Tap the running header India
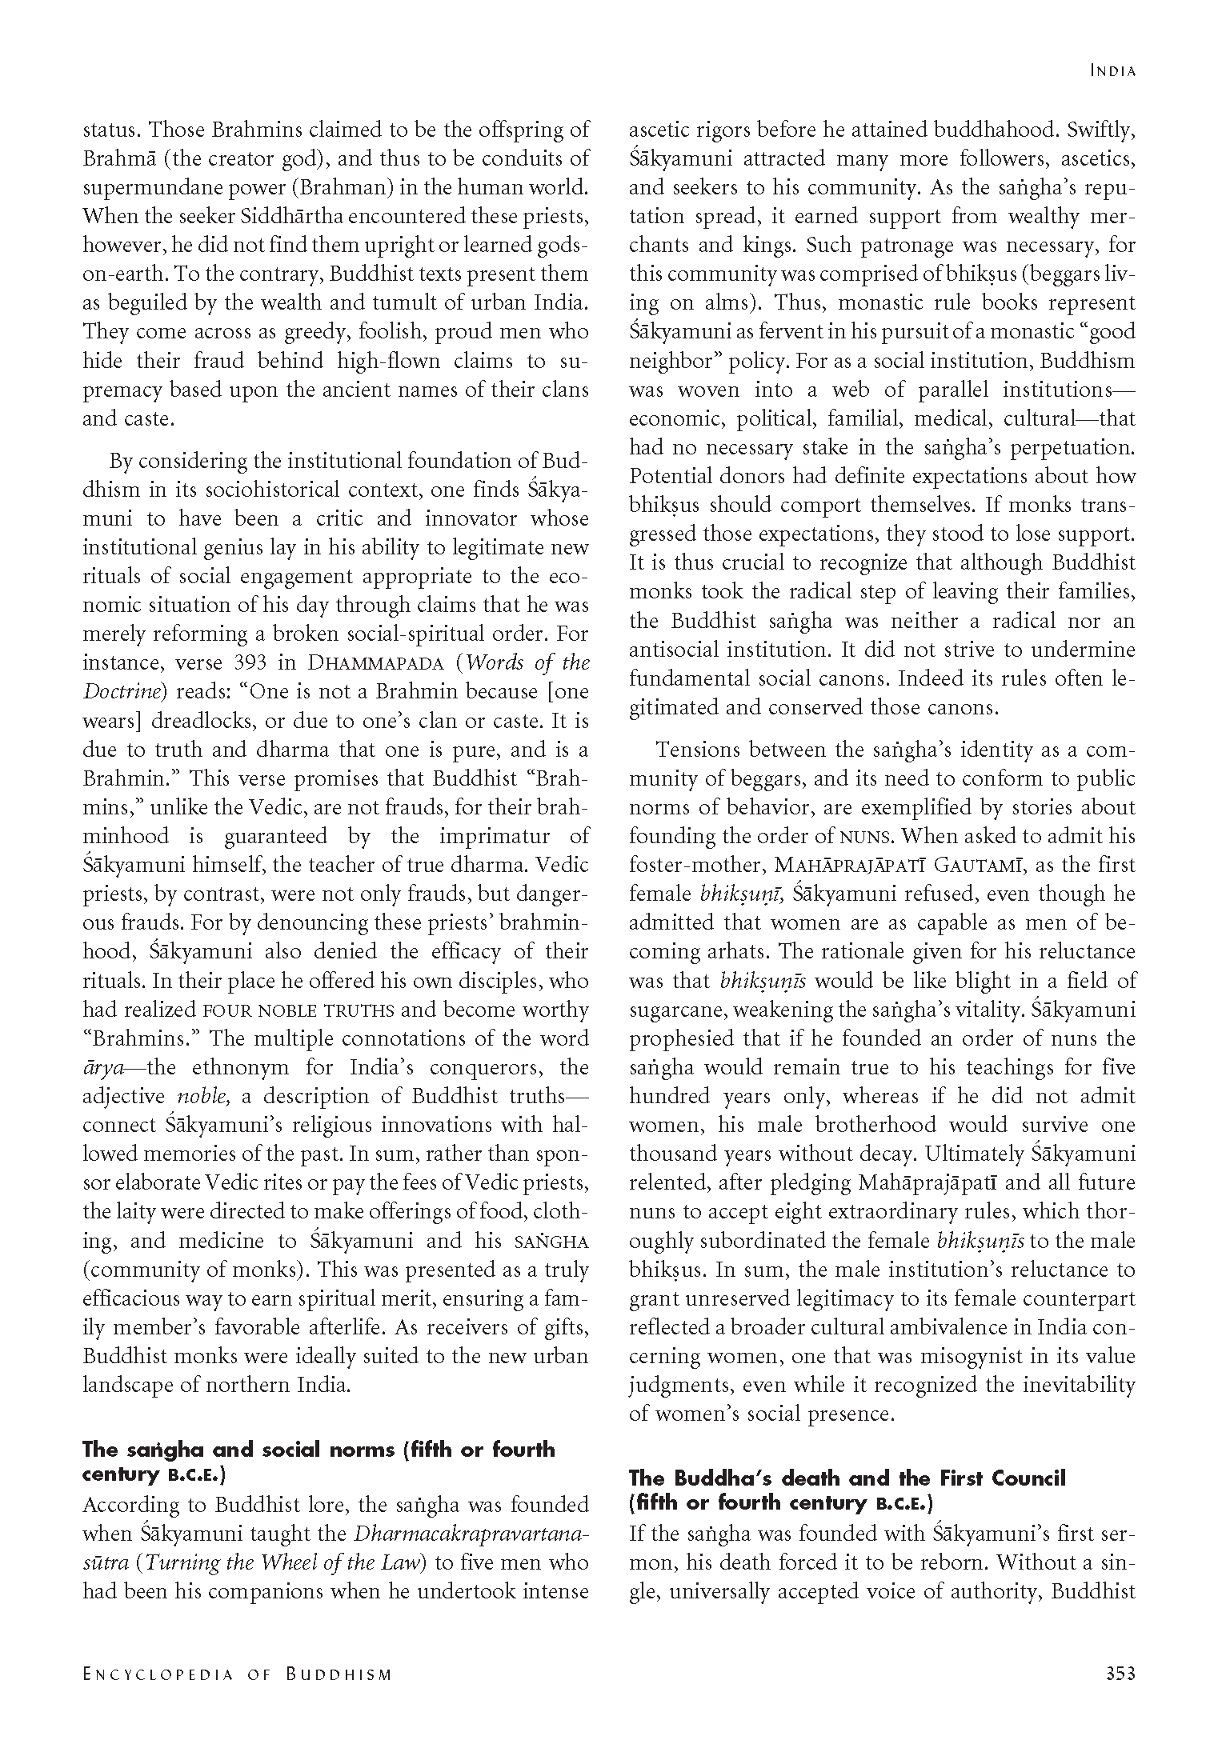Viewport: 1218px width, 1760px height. pyautogui.click(x=1113, y=71)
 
